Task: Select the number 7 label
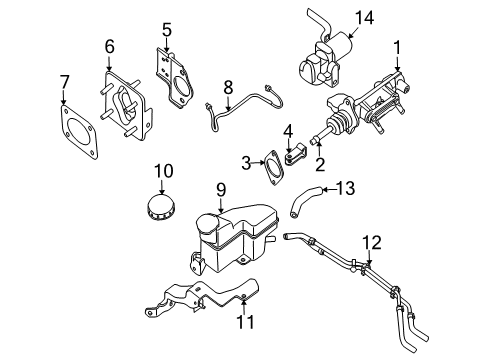click(x=64, y=80)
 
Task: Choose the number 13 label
click(x=346, y=188)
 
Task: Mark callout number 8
click(x=228, y=87)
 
